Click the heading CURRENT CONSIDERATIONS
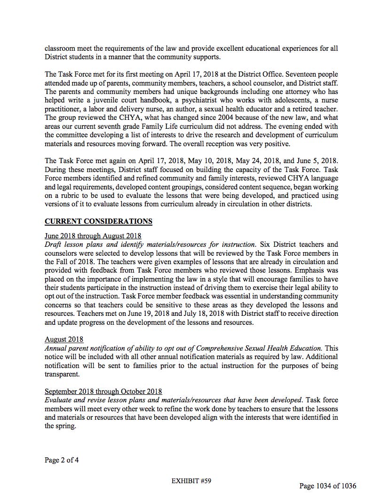98,221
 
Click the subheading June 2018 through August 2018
93,235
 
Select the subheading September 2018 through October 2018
103,391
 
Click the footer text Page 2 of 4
62,460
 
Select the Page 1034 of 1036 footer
327,486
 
